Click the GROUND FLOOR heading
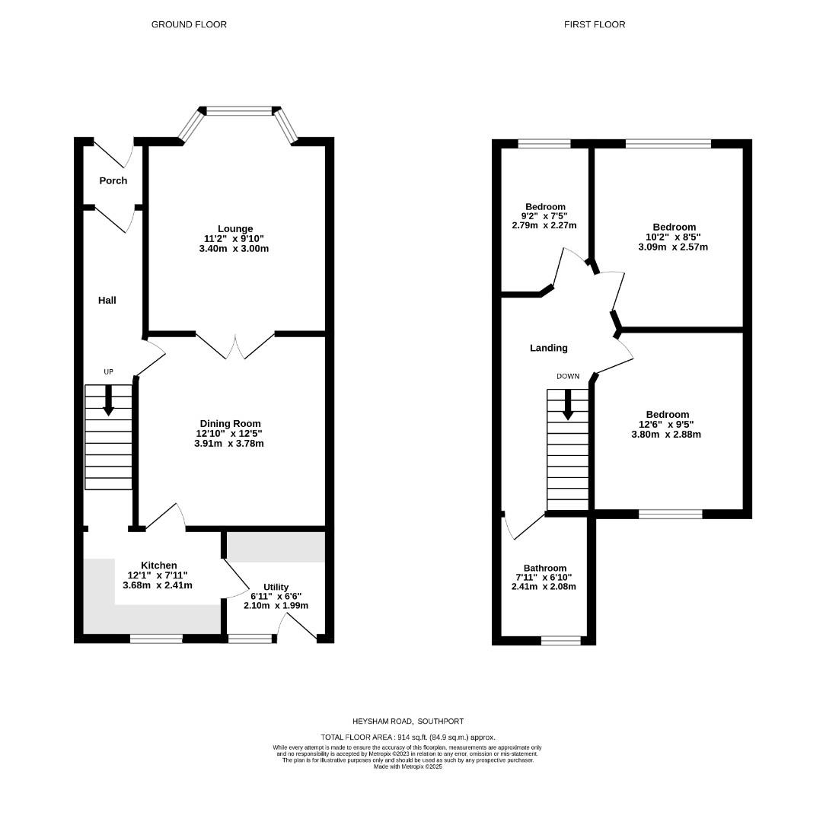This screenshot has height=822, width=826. click(x=189, y=24)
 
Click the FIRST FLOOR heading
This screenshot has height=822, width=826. click(x=595, y=24)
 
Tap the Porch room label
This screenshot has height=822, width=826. click(x=113, y=180)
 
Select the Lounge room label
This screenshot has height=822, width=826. click(x=234, y=228)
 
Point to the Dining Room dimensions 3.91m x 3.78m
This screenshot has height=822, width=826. click(x=229, y=443)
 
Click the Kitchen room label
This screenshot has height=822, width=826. click(x=158, y=565)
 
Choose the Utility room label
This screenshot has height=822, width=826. click(x=276, y=587)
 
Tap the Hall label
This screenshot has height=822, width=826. click(x=107, y=301)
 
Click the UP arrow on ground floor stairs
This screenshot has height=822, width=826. click(x=108, y=400)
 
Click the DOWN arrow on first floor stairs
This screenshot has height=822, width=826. click(x=568, y=404)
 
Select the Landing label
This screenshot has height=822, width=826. click(x=549, y=348)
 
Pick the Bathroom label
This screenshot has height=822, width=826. click(x=544, y=568)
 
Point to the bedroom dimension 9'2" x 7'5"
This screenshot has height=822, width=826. click(x=544, y=216)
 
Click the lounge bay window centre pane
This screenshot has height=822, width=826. click(x=240, y=111)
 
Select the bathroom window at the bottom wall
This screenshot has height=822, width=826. click(x=560, y=640)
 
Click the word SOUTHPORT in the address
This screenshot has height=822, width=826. click(x=441, y=721)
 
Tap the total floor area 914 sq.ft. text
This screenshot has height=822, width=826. click(x=408, y=737)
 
